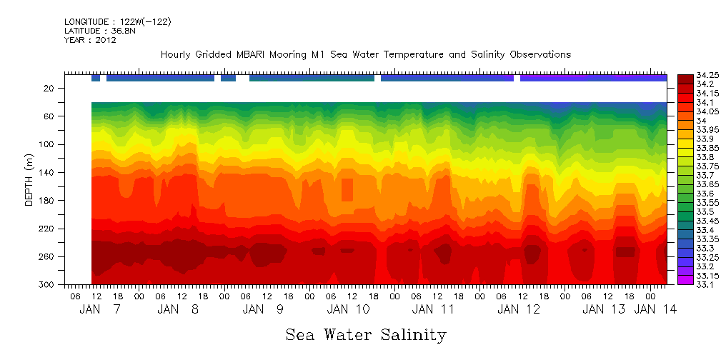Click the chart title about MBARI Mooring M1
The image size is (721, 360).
point(365,55)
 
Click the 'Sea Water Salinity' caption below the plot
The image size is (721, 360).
point(366,335)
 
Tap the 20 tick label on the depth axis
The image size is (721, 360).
point(49,89)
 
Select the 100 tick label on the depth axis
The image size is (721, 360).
point(47,144)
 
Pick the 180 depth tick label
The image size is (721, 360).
point(47,201)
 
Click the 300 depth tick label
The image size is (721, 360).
point(47,285)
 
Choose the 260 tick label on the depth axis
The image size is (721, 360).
point(47,257)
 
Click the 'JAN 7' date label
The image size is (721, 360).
point(100,309)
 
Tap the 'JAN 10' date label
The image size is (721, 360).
point(349,309)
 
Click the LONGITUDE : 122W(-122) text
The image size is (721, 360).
point(118,22)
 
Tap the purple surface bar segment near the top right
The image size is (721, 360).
point(593,78)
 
